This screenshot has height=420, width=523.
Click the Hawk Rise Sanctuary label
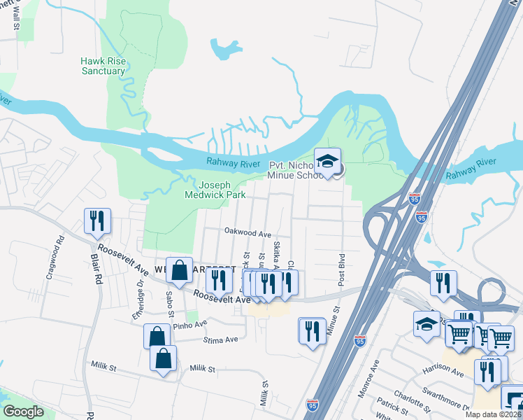(x=103, y=66)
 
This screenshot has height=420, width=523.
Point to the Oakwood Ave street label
(x=247, y=232)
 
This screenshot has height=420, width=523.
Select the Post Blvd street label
(x=342, y=269)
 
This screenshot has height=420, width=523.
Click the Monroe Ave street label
(x=368, y=379)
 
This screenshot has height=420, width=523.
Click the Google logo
(x=23, y=412)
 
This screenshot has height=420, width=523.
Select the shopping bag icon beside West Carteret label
(x=180, y=270)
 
